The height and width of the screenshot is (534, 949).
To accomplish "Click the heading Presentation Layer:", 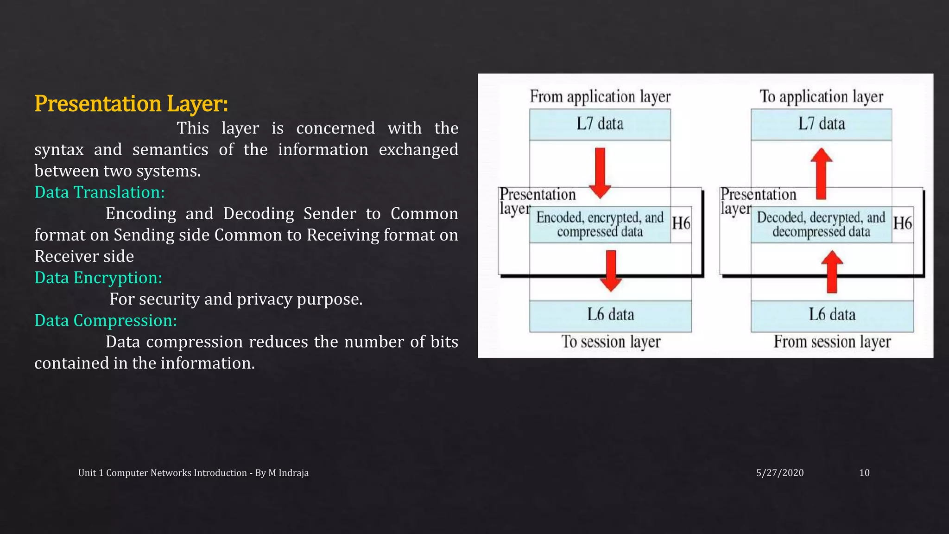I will [131, 104].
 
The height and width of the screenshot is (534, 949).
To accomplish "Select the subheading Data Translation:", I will [100, 192].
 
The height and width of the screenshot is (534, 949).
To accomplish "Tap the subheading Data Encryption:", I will [98, 278].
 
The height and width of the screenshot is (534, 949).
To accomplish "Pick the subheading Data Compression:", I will [106, 320].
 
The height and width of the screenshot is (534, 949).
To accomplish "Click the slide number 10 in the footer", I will [864, 473].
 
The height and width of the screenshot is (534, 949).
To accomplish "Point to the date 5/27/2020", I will [780, 473].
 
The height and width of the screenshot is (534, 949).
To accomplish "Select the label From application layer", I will [600, 96].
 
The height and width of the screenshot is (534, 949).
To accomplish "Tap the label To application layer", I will [821, 96].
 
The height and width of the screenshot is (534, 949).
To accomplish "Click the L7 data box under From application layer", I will [600, 124].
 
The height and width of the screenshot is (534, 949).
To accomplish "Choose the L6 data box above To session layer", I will [610, 315].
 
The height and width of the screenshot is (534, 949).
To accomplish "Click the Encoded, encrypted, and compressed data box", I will [600, 224].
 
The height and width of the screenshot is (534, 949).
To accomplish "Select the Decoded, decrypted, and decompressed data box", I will [821, 224].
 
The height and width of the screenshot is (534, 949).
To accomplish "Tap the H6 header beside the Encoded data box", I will [681, 223].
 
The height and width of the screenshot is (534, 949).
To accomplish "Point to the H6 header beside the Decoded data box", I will [903, 223].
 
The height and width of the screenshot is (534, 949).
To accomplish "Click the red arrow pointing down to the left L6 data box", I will [611, 271].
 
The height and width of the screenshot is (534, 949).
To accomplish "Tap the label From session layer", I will [832, 342].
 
